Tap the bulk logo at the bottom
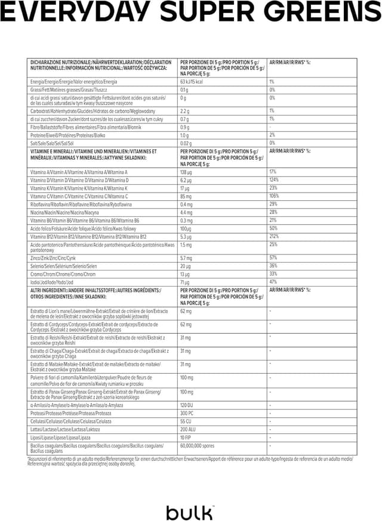tap(190, 511)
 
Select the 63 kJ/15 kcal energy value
tap(192, 82)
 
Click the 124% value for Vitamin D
tap(274, 180)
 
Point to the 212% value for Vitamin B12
tap(274, 236)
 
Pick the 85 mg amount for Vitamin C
tap(186, 196)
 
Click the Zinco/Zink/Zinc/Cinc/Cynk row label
tap(53, 258)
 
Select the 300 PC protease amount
tap(187, 413)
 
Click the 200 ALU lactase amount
tap(188, 429)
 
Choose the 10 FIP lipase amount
tap(186, 437)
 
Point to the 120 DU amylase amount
tap(187, 405)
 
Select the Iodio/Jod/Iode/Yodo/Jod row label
tap(52, 282)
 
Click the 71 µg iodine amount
tap(184, 282)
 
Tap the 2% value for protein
tap(272, 135)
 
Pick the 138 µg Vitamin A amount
tap(187, 172)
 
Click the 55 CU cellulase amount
tap(186, 421)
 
